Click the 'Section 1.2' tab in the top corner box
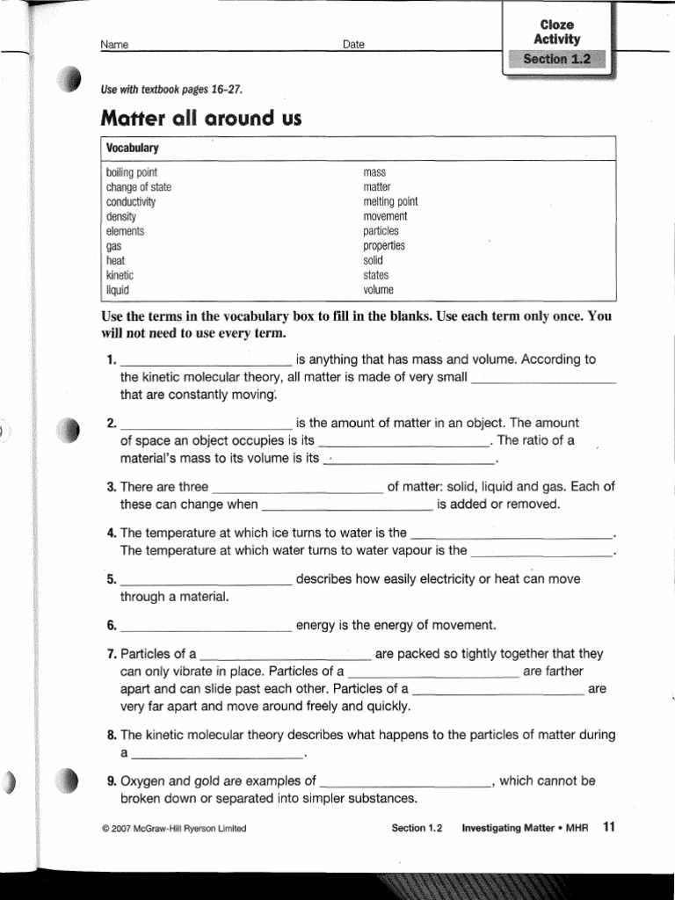coord(556,60)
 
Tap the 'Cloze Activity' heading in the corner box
coord(556,32)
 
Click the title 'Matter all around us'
coord(201,119)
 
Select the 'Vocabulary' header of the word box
coord(132,149)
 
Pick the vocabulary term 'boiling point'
coord(132,173)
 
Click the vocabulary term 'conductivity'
coord(131,202)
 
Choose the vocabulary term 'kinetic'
coord(120,275)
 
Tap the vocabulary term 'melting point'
coord(390,202)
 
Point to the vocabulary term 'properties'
coord(384,246)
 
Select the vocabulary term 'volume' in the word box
coord(379,289)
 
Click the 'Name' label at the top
coord(114,45)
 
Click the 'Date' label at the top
coord(354,45)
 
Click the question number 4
coord(111,533)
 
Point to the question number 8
coord(111,736)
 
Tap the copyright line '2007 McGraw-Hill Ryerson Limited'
coord(174,829)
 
